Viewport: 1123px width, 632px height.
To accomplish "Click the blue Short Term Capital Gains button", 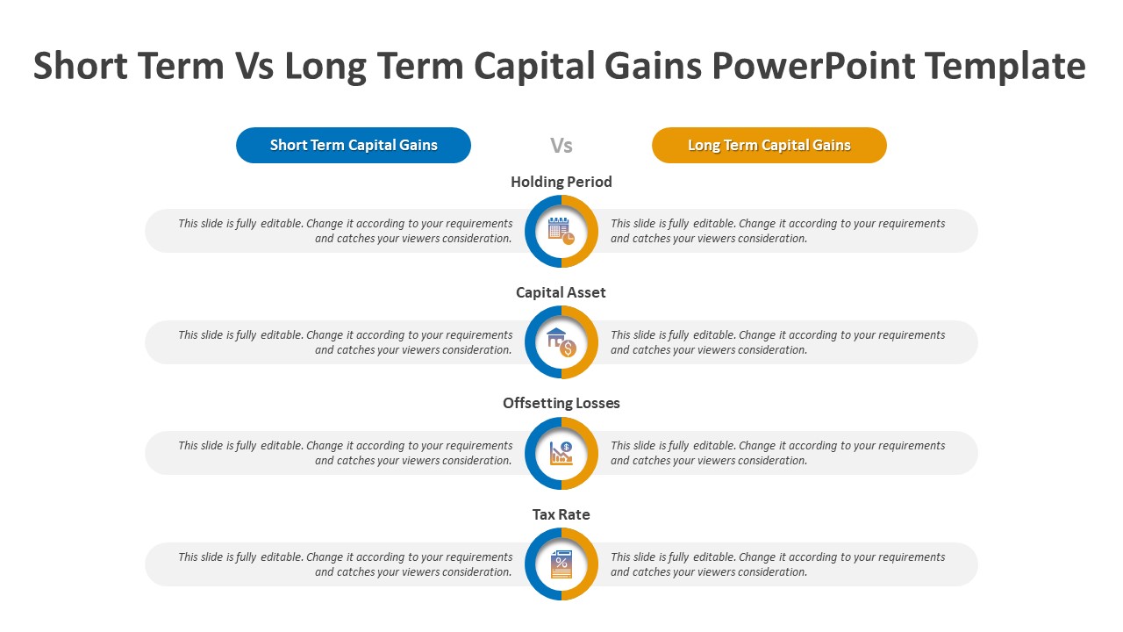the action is point(354,145).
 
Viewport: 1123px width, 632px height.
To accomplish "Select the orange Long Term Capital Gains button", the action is point(769,145).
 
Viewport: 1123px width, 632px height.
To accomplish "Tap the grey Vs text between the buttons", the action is point(561,146).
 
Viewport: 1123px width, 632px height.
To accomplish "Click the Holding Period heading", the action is point(561,182).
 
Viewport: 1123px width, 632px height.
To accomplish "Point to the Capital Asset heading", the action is point(561,292).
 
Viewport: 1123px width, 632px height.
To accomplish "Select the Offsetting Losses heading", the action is point(561,403).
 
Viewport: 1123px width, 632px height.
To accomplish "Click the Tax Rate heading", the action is point(561,514).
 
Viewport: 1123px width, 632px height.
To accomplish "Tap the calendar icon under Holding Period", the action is point(561,231).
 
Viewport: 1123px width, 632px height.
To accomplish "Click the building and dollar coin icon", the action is point(561,342).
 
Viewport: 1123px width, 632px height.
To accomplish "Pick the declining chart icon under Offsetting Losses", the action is point(561,454).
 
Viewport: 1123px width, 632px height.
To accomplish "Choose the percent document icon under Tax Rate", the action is point(561,564).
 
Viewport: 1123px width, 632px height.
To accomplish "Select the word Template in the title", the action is point(1005,66).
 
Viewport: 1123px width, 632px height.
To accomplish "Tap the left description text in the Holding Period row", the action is point(346,231).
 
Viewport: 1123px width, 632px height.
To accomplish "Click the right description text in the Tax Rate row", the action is point(777,564).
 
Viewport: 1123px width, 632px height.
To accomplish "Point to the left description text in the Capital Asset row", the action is point(346,342).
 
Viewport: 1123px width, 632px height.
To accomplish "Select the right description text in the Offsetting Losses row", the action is point(777,453).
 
